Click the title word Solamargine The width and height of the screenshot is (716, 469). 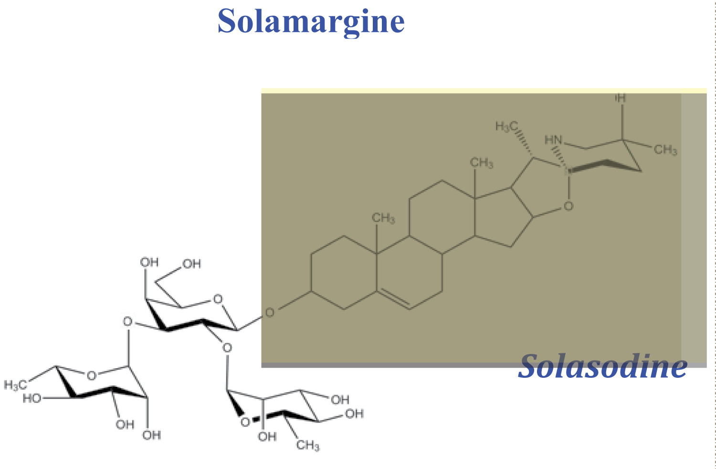tap(311, 21)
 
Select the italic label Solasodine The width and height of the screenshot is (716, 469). tap(602, 366)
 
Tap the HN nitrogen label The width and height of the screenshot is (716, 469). tap(554, 140)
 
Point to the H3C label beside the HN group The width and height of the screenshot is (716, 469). tap(506, 126)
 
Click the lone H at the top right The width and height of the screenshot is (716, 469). tap(621, 98)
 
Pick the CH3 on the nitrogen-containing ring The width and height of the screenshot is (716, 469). tap(665, 150)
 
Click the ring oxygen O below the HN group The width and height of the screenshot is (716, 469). tap(568, 206)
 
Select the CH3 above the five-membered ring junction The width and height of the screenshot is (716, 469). tap(482, 163)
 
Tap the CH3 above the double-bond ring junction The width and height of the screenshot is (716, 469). tap(383, 219)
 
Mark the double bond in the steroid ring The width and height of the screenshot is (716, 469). tap(394, 300)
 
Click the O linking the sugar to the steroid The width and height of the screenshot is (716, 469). tap(270, 313)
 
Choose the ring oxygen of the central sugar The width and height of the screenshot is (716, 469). tap(218, 299)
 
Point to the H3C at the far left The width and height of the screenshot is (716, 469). tap(14, 385)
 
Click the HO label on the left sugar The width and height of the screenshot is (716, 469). tap(32, 398)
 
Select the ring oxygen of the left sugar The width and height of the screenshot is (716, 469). tap(91, 375)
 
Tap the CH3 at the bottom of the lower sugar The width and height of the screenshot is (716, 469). tap(308, 446)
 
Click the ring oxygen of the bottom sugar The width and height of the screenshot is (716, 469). tap(245, 422)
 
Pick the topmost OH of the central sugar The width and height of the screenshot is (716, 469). tap(149, 262)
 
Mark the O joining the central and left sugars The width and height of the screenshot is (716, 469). tap(127, 321)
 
